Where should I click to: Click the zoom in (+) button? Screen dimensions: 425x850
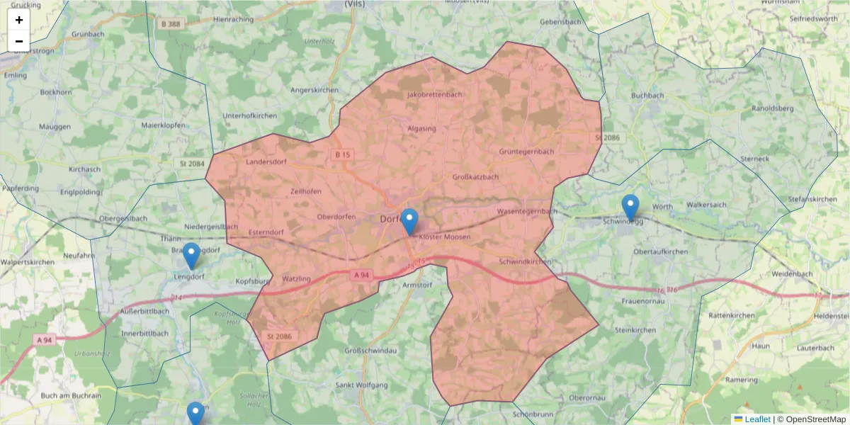(x=19, y=20)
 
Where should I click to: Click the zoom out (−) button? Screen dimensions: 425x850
(x=19, y=41)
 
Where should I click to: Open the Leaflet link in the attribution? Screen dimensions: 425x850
(x=757, y=419)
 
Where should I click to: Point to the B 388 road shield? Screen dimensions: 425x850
(x=171, y=24)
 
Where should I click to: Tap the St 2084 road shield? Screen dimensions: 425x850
(x=189, y=164)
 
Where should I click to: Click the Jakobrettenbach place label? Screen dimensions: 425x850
(x=435, y=95)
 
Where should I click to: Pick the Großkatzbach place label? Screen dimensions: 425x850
(x=475, y=177)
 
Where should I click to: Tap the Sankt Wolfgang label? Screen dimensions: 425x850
(x=361, y=385)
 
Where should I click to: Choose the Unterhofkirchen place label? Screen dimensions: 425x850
(x=249, y=115)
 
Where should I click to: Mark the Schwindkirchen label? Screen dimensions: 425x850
(x=525, y=261)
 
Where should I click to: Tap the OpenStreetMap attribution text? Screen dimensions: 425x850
(x=815, y=419)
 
